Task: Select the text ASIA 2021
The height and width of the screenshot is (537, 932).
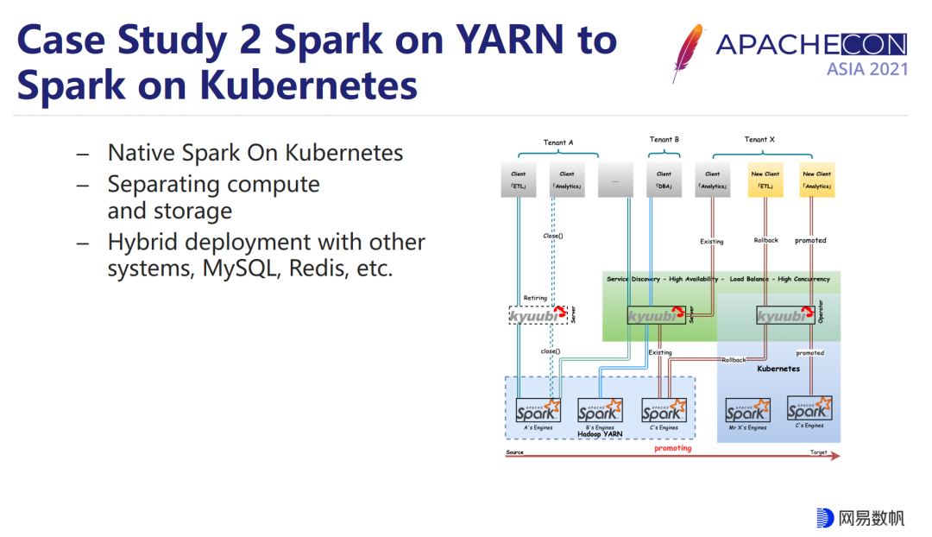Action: click(x=866, y=69)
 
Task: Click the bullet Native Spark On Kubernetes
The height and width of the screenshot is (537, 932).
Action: click(x=255, y=153)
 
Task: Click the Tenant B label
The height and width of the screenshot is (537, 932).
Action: click(x=664, y=139)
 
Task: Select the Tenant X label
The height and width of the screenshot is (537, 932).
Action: click(x=759, y=139)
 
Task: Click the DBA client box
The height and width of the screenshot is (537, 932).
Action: click(x=664, y=180)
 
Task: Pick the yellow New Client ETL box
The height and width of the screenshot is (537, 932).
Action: click(x=765, y=180)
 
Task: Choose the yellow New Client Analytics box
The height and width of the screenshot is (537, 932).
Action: click(x=816, y=180)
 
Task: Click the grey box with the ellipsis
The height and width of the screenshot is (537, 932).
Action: click(x=614, y=180)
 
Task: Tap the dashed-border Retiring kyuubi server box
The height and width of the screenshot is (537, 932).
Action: click(x=538, y=315)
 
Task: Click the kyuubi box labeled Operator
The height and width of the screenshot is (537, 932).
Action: click(x=785, y=316)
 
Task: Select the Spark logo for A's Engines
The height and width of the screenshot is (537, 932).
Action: click(x=538, y=409)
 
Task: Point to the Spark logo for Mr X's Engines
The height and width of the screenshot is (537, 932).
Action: click(x=746, y=410)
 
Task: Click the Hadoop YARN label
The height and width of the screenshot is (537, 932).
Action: click(x=601, y=434)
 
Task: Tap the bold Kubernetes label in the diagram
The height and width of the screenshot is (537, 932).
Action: click(x=778, y=369)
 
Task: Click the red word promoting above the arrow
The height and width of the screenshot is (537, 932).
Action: click(x=672, y=448)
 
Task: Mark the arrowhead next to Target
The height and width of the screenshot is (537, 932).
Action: click(x=834, y=457)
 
